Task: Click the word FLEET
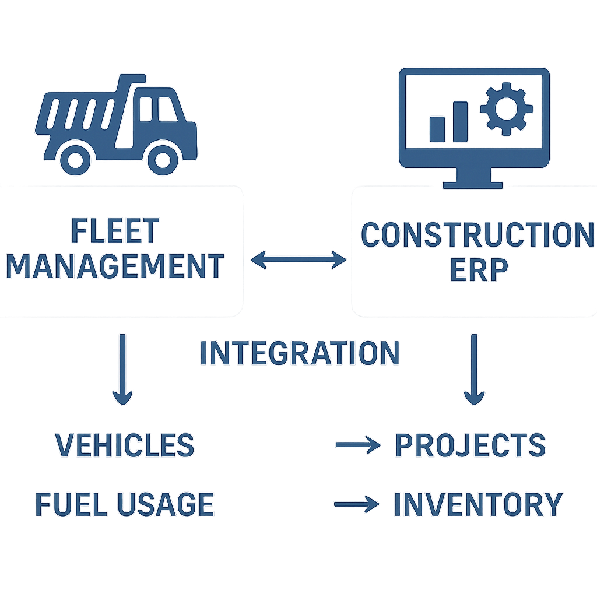click(115, 231)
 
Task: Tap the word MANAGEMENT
click(115, 266)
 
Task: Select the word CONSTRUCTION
click(476, 235)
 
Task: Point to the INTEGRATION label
click(300, 353)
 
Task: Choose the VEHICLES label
click(125, 445)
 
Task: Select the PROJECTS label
click(470, 446)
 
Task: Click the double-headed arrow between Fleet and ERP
click(298, 259)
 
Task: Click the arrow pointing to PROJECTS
click(357, 446)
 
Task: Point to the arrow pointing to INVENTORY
click(356, 505)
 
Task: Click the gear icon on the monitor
click(506, 108)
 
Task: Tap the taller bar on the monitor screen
click(460, 122)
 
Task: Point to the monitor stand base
click(473, 185)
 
